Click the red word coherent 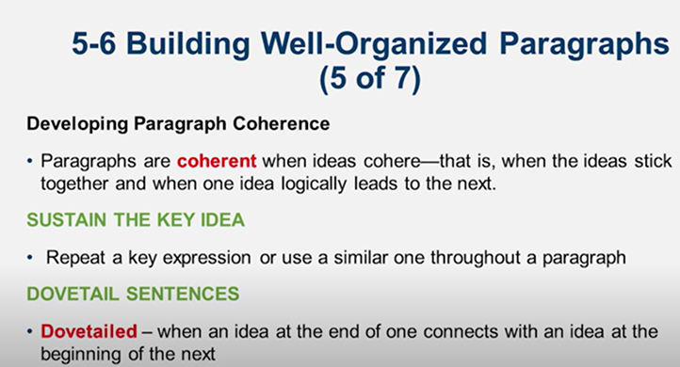pos(217,160)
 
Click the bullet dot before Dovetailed pos(30,332)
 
